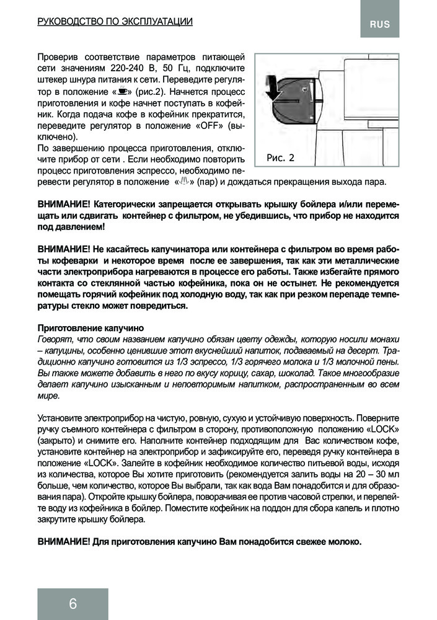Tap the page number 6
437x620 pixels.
coord(73,604)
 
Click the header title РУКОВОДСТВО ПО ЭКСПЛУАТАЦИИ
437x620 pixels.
coord(115,22)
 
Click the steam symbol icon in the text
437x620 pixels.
coord(182,182)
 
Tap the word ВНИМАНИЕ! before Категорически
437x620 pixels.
coord(64,205)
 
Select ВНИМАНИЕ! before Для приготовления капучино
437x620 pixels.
coord(64,541)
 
